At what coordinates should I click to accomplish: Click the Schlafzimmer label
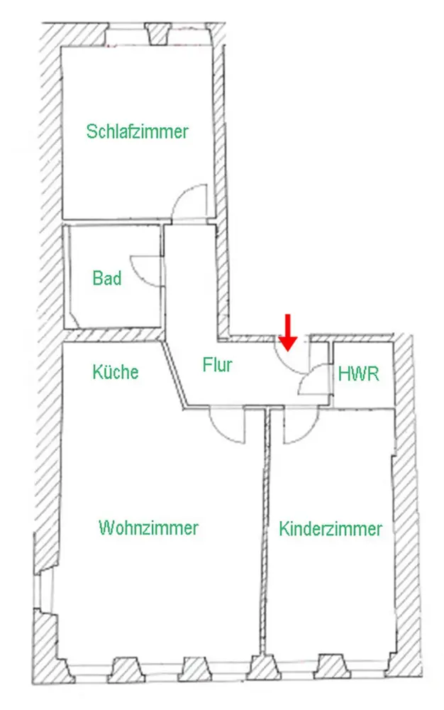click(138, 131)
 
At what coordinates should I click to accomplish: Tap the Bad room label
click(107, 278)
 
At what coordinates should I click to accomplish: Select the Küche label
click(116, 371)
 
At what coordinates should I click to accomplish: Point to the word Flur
click(218, 366)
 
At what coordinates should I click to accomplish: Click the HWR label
click(359, 374)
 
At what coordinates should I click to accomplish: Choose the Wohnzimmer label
click(149, 528)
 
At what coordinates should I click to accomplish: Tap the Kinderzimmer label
click(331, 529)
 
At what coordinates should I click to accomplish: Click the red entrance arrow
click(287, 332)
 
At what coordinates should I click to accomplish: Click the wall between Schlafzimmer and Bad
click(113, 222)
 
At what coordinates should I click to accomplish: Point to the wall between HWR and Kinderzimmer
click(363, 407)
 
